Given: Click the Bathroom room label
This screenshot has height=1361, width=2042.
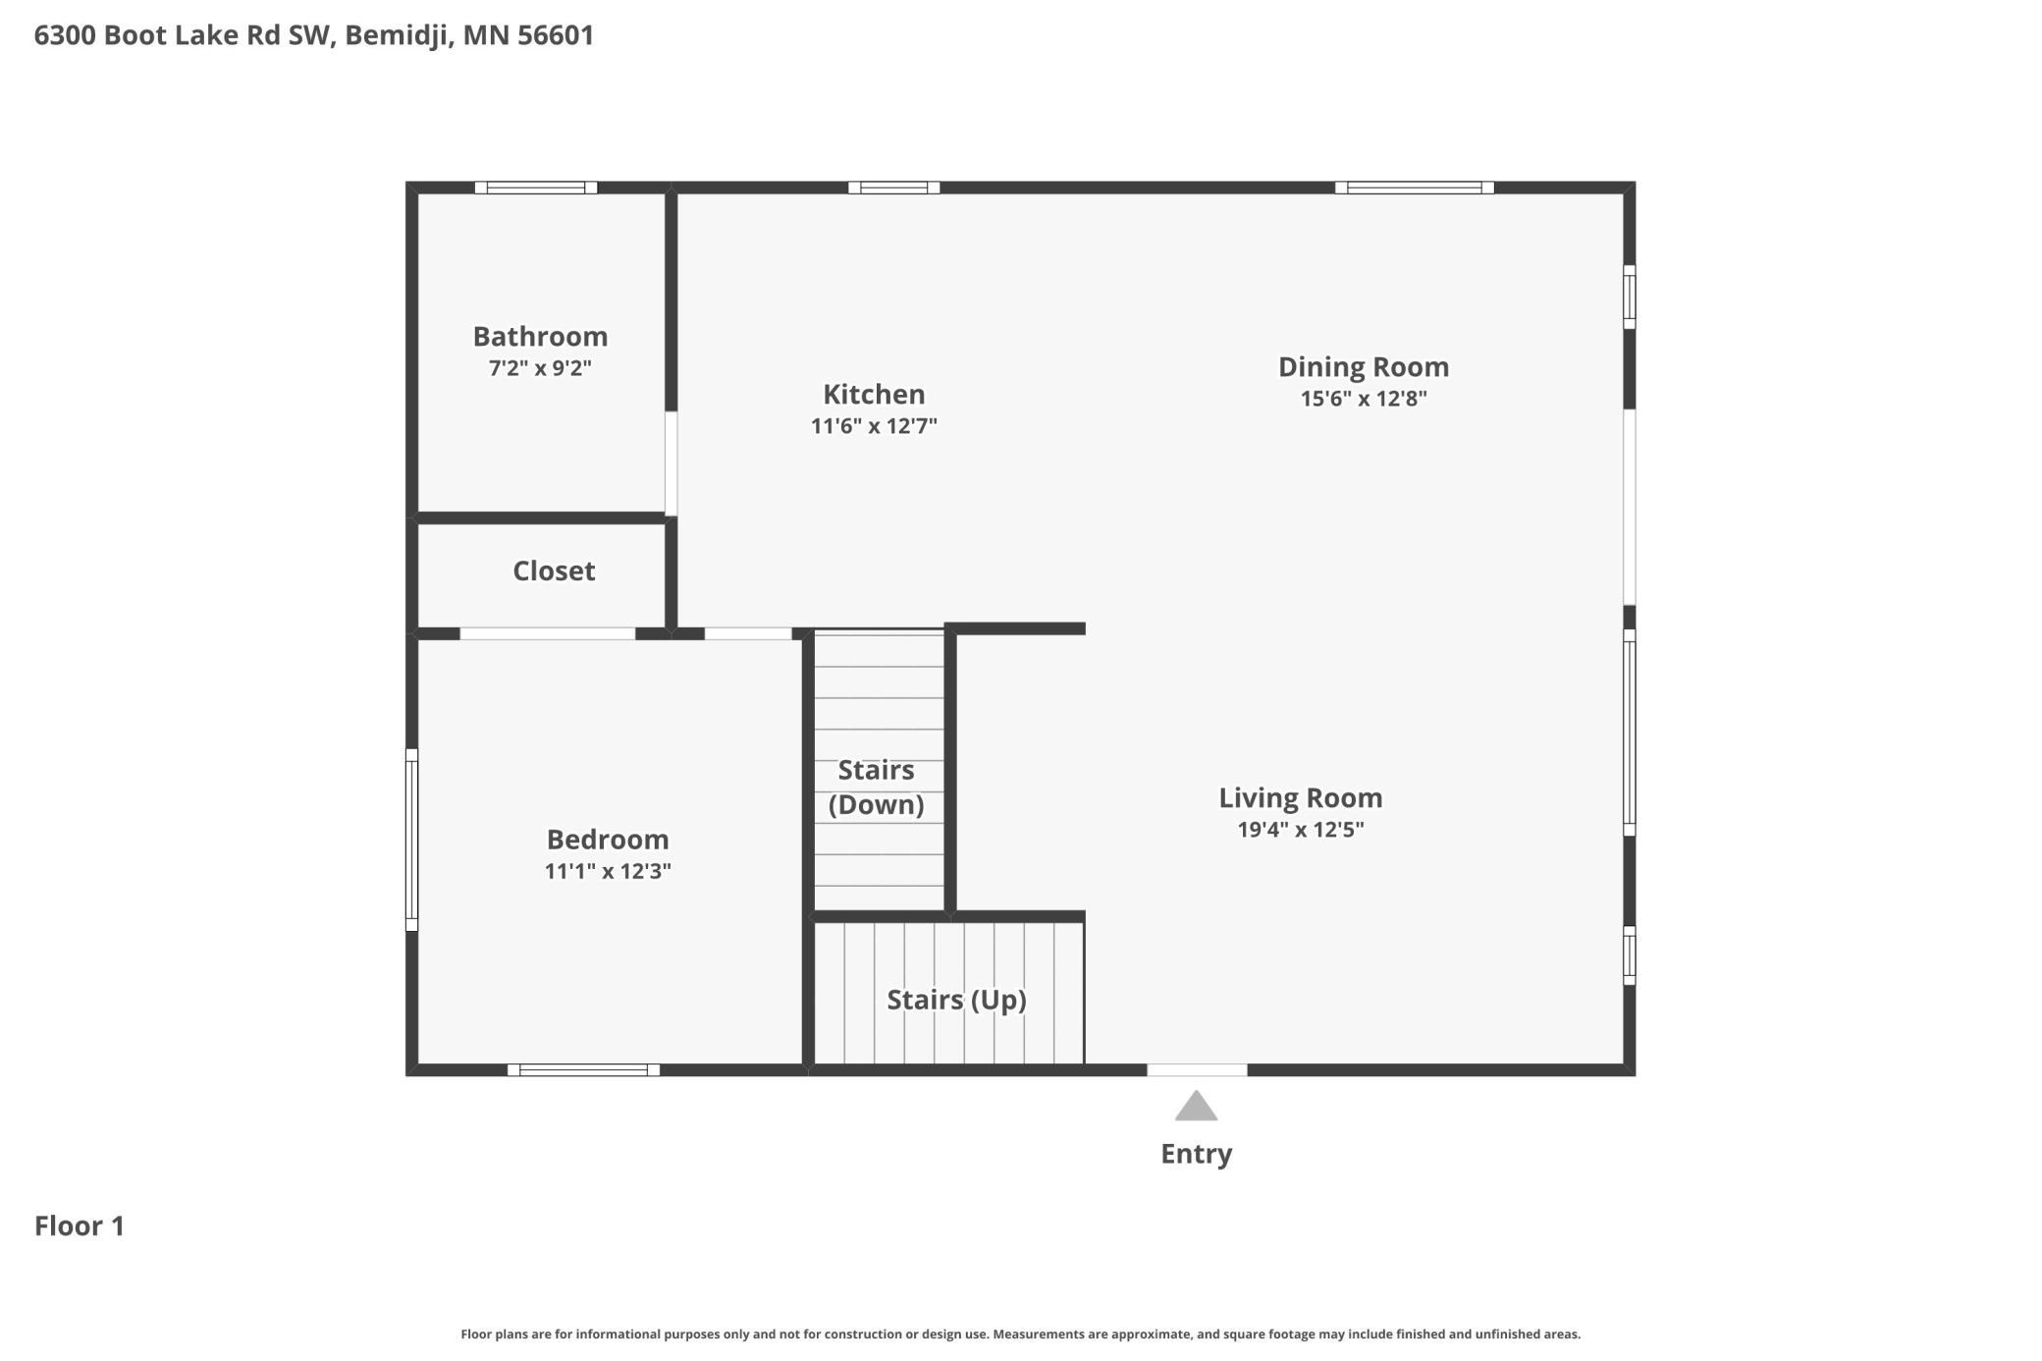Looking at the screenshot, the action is (540, 337).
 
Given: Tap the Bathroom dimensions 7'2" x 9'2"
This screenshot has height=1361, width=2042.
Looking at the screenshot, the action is (540, 368).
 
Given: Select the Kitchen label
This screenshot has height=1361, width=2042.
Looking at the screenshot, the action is (874, 395).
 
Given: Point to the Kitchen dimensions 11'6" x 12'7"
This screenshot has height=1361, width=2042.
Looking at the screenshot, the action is (874, 426).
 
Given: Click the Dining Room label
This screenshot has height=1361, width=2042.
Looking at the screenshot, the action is (1364, 368).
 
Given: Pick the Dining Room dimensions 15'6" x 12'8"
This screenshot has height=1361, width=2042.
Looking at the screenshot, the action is (1364, 399).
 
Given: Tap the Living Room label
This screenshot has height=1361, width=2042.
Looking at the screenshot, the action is (1301, 798).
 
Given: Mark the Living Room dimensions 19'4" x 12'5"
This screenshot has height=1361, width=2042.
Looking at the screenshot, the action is (1301, 830).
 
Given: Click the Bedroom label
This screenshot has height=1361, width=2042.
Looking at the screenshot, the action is (608, 840).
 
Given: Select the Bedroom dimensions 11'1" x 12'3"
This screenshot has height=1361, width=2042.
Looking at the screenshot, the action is (608, 871).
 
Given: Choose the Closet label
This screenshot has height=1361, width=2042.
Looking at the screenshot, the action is (554, 572).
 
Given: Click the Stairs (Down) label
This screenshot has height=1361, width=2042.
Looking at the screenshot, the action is (876, 788).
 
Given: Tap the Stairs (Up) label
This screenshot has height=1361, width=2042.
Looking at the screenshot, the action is (956, 1001).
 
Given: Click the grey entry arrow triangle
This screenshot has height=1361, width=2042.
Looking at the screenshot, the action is (1196, 1108).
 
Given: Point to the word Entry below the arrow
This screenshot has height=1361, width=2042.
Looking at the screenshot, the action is (1196, 1155).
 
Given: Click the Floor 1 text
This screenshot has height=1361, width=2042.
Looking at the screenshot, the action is (80, 1226).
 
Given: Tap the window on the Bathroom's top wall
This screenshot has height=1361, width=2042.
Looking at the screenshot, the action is (536, 188).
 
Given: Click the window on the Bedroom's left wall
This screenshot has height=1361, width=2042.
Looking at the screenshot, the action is (412, 841).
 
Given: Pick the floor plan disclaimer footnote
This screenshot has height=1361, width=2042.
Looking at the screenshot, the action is (1021, 1334).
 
